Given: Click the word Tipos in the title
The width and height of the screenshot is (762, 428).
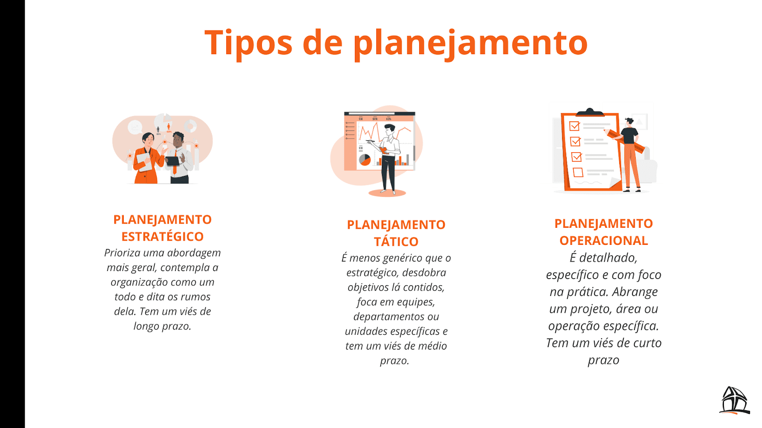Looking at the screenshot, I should point(248,43).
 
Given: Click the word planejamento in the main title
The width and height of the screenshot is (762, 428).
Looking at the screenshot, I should point(470,44).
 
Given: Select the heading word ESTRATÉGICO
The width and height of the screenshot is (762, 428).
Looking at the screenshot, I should point(162,236).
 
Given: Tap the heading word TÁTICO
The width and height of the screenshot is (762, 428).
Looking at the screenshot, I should point(396,242).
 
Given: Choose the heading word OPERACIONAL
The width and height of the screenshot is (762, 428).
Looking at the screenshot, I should point(603,241).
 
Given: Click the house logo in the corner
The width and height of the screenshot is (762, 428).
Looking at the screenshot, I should point(734,400).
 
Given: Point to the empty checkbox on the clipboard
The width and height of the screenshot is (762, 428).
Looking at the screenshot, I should point(578,172).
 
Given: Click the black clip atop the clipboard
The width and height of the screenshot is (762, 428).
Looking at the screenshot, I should point(590,113).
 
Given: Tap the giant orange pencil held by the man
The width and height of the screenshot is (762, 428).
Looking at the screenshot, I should point(625,140).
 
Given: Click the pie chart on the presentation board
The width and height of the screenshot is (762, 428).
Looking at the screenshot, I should point(365,160).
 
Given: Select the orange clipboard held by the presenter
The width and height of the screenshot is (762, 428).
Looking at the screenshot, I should point(384,150).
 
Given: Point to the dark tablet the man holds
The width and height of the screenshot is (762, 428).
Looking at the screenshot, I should point(172,161).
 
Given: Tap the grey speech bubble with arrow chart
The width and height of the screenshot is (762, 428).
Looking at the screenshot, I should point(135,127).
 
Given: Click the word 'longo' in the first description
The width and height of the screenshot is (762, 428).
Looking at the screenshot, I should point(146,326).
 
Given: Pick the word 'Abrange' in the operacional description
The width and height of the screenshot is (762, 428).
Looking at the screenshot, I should point(635,292).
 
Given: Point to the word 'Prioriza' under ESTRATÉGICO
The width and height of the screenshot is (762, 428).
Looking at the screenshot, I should point(122,253).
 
